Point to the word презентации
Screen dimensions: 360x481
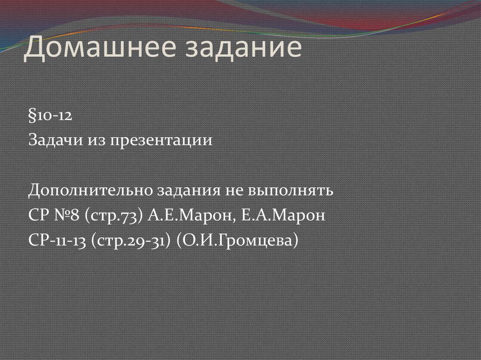coord(161,141)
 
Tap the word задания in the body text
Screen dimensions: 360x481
coord(190,191)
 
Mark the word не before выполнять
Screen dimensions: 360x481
coord(240,191)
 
